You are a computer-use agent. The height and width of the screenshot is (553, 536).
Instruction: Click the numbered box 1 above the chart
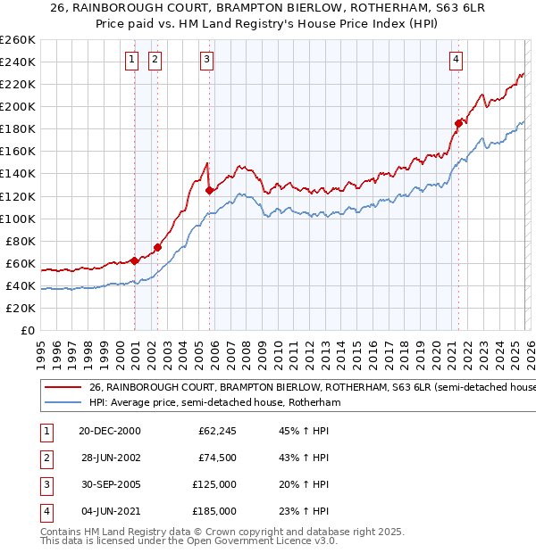131,60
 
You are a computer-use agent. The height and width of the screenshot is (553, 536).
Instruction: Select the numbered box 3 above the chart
206,60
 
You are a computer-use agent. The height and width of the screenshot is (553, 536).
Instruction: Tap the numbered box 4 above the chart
456,60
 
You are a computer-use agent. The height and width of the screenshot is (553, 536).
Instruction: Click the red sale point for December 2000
134,260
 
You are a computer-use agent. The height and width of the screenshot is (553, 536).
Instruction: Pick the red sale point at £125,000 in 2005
209,190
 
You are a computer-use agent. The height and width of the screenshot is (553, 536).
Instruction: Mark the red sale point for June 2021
458,123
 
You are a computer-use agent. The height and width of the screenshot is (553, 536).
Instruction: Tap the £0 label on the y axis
27,331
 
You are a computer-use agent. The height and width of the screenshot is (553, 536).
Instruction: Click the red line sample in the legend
62,388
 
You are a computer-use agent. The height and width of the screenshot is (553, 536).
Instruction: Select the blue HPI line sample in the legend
62,403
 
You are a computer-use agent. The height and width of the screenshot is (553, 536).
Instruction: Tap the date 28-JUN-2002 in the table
109,458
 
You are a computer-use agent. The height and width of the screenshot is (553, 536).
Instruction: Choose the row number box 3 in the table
44,484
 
